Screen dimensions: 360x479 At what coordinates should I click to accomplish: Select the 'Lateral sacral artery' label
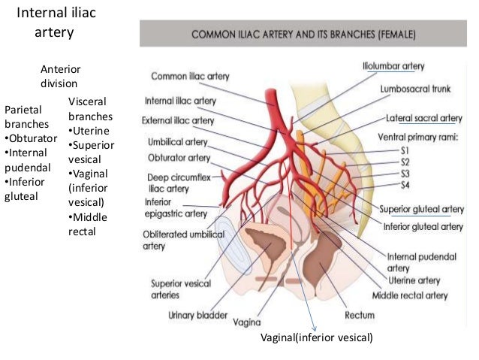(x=424, y=119)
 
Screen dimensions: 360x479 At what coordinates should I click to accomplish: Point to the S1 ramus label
(x=404, y=150)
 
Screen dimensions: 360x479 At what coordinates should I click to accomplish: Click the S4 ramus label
(x=404, y=184)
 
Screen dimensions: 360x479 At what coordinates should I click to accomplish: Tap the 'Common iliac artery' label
(x=191, y=76)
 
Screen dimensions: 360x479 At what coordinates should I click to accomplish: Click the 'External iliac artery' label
(x=177, y=120)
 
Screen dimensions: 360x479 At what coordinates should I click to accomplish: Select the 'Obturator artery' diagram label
(x=179, y=158)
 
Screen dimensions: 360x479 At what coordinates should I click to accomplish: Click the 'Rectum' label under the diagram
(x=359, y=313)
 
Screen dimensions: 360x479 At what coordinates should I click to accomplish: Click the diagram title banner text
(x=306, y=35)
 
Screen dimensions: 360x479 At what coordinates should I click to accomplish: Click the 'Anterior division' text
(x=59, y=76)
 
